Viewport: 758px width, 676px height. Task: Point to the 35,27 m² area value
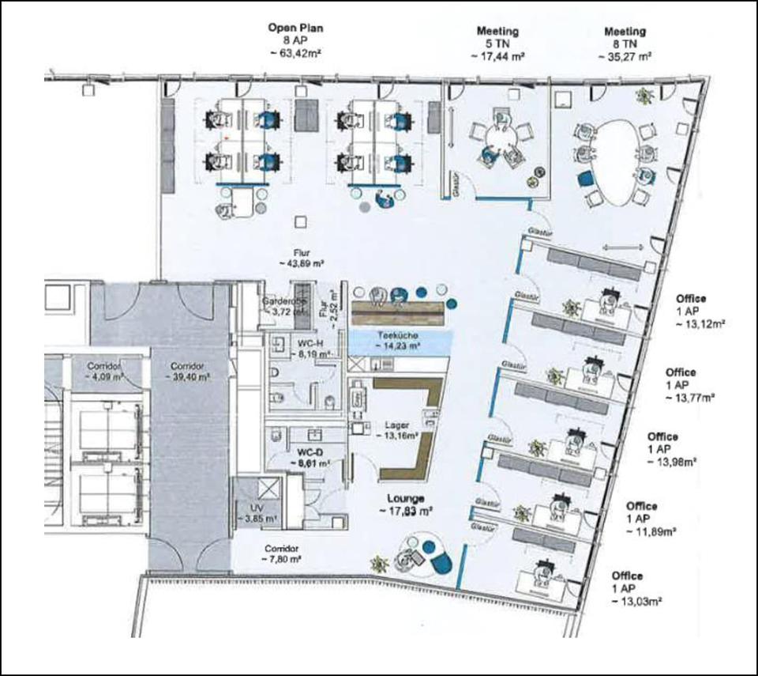625,57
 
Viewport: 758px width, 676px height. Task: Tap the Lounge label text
407,499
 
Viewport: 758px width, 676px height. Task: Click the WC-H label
307,342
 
